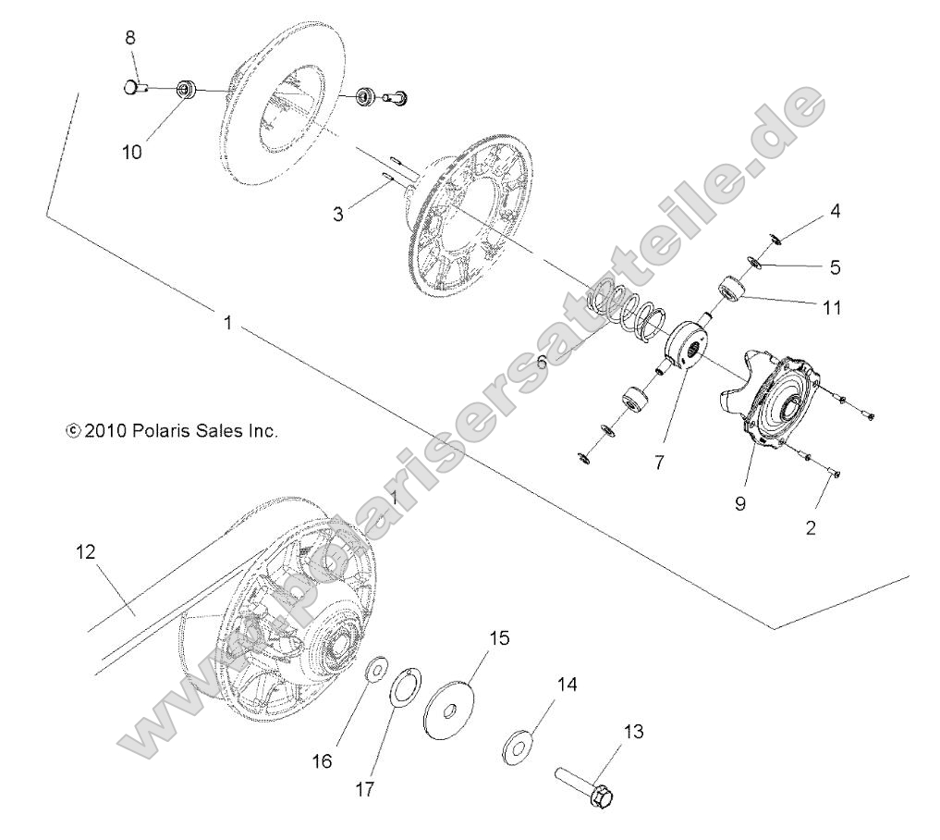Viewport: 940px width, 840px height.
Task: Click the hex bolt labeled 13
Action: pos(588,782)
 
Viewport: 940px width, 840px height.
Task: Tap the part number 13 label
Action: pos(632,732)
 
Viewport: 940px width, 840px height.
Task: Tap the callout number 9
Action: pos(740,504)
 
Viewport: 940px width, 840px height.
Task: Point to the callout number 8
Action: pos(130,38)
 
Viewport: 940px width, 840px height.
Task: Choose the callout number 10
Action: pos(132,153)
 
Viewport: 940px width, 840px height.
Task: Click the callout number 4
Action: pos(835,210)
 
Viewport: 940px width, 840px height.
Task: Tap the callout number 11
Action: pos(832,307)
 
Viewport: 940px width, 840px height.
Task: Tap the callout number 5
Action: pos(835,267)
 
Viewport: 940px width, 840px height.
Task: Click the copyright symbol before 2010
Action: pos(73,430)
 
